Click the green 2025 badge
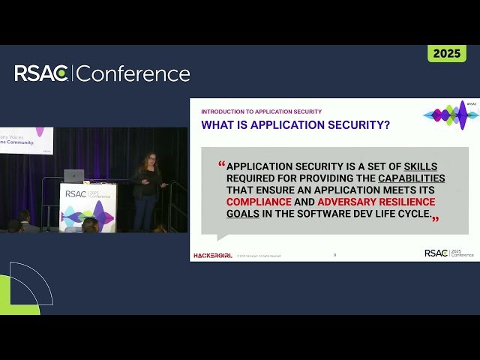pyautogui.click(x=447, y=53)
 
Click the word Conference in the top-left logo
pyautogui.click(x=133, y=73)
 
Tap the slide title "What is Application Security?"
pyautogui.click(x=295, y=125)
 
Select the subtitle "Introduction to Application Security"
pyautogui.click(x=261, y=112)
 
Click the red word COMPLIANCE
pyautogui.click(x=259, y=202)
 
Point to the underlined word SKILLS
pyautogui.click(x=420, y=166)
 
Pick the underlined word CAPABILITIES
pyautogui.click(x=411, y=178)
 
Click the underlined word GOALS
pyautogui.click(x=244, y=214)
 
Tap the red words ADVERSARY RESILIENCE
pyautogui.click(x=376, y=202)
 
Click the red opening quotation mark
pyautogui.click(x=221, y=163)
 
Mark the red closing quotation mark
pyautogui.click(x=435, y=219)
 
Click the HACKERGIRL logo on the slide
pyautogui.click(x=212, y=255)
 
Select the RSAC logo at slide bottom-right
pyautogui.click(x=448, y=253)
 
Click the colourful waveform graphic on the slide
pyautogui.click(x=451, y=115)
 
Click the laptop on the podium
pyautogui.click(x=74, y=175)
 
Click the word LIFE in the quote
pyautogui.click(x=377, y=214)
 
